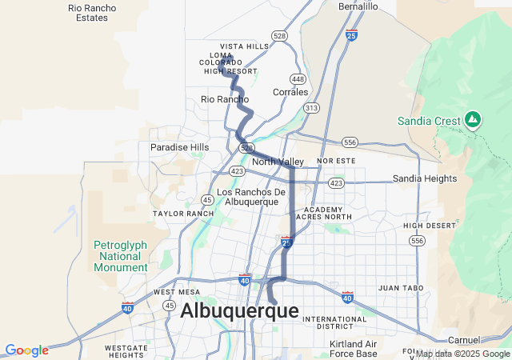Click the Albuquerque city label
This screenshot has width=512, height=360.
tap(239, 311)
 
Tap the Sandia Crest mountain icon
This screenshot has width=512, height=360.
tap(473, 120)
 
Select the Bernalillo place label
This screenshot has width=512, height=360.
tap(358, 6)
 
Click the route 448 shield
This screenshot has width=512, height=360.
tap(298, 79)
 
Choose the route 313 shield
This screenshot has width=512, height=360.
tap(311, 107)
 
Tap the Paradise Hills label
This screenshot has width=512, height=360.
tap(179, 147)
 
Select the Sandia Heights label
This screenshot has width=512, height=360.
tap(424, 178)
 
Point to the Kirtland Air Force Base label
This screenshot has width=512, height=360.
tap(353, 348)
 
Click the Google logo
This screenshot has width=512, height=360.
tap(26, 350)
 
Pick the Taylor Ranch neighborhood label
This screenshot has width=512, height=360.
tap(183, 214)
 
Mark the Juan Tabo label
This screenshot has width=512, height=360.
tap(399, 287)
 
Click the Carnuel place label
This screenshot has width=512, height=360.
tap(463, 339)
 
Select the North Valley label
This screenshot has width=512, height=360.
tap(278, 162)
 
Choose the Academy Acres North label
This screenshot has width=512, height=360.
tap(323, 212)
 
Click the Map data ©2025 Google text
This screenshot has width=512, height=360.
tap(462, 354)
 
